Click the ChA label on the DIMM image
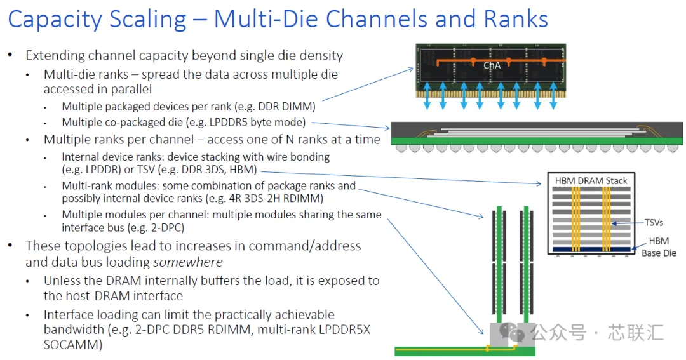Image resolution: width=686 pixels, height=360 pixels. point(492,65)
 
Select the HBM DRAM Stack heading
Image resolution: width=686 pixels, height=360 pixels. point(591,181)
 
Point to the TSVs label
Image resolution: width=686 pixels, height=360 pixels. point(654,223)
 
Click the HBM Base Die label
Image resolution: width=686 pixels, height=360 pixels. point(659,247)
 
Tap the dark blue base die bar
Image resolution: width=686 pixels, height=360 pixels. point(591,250)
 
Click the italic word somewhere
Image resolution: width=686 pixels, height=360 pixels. point(188,262)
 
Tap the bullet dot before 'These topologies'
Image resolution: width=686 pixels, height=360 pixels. point(10,245)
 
